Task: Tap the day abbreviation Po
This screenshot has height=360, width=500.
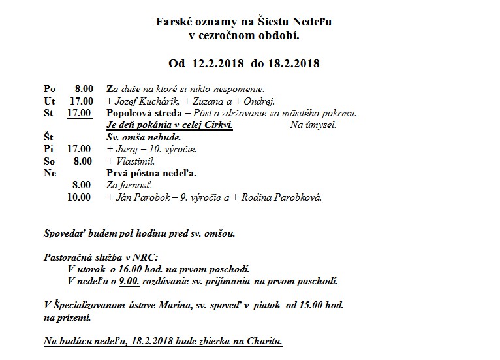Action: point(50,89)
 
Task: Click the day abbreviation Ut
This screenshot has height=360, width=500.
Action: point(49,101)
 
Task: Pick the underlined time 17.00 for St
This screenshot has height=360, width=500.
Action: point(79,113)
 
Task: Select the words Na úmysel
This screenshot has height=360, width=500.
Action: point(313,125)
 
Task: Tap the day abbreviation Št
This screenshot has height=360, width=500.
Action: point(49,137)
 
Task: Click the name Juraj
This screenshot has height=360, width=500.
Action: point(127,149)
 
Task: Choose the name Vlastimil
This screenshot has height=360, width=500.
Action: point(133,161)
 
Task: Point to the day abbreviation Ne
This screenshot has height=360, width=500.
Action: point(50,173)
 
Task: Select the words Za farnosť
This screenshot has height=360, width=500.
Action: point(125,185)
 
